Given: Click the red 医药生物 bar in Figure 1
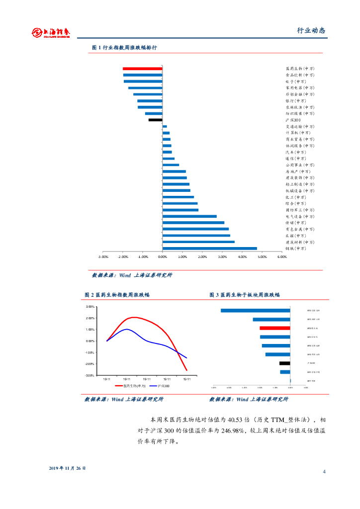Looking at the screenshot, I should (142, 69).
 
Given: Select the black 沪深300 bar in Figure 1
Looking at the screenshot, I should (155, 120).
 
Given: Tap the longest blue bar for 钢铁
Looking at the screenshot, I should (209, 248).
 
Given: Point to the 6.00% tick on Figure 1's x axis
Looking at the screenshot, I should (282, 257).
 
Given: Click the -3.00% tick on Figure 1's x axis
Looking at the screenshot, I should (103, 257).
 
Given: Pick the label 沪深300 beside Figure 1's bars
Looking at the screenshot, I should (293, 120).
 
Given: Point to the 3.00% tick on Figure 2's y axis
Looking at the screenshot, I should (90, 307).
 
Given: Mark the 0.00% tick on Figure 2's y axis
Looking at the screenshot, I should (90, 341).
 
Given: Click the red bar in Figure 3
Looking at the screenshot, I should (274, 328).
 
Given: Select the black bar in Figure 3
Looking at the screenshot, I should (284, 363).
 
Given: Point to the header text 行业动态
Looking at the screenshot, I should (311, 31).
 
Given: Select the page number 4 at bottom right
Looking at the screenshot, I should (324, 471).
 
